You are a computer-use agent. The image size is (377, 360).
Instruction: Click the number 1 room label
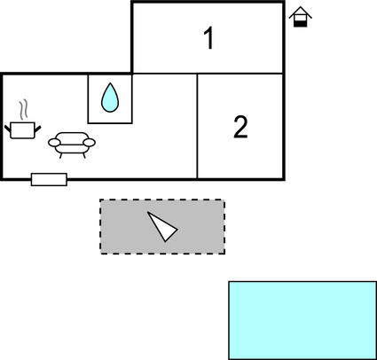click(x=209, y=38)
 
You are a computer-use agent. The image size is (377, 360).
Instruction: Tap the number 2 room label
click(x=240, y=127)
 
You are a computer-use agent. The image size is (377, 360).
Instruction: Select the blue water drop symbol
click(x=110, y=98)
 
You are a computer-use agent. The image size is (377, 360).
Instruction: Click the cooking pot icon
click(x=23, y=129)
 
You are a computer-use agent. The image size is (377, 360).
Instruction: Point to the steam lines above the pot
click(x=24, y=110)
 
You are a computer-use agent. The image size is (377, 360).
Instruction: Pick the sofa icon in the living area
click(x=72, y=145)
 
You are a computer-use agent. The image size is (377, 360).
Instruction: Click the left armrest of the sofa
click(x=54, y=143)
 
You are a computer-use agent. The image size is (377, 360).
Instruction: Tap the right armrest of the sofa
click(x=90, y=143)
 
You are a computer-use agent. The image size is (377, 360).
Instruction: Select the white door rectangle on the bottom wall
click(x=49, y=179)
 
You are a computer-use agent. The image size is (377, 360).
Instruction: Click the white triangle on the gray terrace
click(x=162, y=227)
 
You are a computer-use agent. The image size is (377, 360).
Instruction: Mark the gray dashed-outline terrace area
click(x=162, y=227)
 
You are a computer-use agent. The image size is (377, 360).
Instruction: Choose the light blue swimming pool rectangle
click(x=302, y=320)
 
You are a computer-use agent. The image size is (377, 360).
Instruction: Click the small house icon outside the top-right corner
click(x=301, y=17)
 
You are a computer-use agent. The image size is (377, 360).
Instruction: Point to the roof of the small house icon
click(x=301, y=12)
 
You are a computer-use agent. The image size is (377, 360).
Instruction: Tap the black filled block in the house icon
click(x=300, y=24)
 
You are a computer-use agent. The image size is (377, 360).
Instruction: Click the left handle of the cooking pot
click(x=8, y=129)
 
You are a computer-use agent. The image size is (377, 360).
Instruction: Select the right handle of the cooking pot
click(x=37, y=129)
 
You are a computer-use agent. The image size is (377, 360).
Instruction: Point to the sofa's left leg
click(x=61, y=155)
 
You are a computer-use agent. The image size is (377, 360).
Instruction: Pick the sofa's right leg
click(x=84, y=155)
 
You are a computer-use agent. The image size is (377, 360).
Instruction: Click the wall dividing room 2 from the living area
click(x=197, y=126)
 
